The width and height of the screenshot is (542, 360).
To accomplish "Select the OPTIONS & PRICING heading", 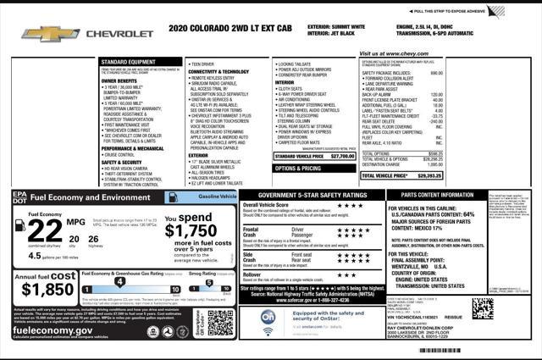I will point(286,169).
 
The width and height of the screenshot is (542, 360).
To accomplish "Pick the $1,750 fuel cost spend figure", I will point(190,230).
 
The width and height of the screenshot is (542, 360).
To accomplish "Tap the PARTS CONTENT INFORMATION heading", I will point(432,194).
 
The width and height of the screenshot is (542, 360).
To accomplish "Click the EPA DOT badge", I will point(19,197).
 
